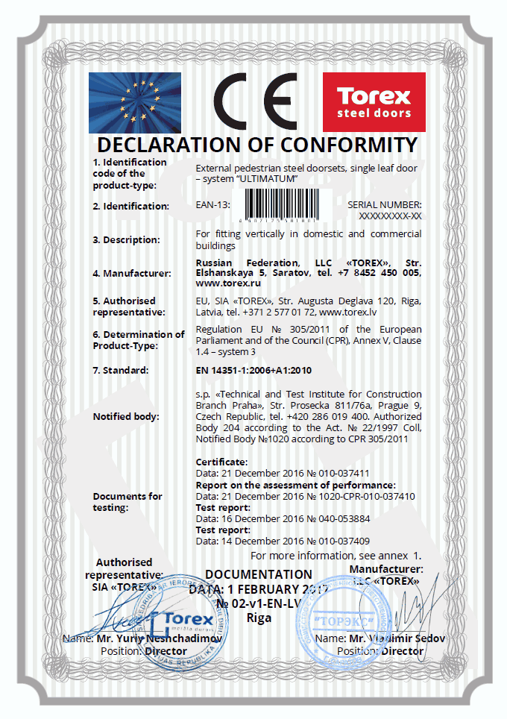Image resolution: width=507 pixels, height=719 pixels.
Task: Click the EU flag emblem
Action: click(x=135, y=102)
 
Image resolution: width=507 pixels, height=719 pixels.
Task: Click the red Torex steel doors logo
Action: click(x=374, y=102)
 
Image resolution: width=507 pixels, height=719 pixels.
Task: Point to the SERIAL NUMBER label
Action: click(x=385, y=204)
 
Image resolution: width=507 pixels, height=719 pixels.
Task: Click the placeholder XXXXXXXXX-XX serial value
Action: click(x=390, y=216)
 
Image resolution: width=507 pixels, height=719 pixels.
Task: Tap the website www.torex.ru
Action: click(x=222, y=284)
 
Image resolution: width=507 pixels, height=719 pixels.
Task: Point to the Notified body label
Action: click(x=126, y=416)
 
